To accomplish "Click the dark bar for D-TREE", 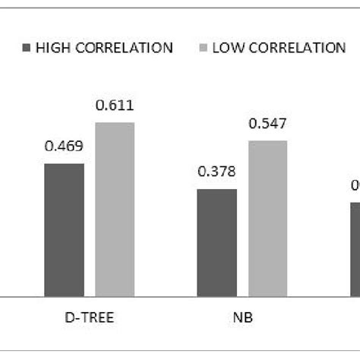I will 64,229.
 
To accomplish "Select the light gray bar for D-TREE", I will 115,209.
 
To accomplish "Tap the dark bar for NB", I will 216,242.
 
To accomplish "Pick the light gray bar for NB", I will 267,218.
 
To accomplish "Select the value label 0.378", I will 216,174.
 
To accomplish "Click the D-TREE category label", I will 90,317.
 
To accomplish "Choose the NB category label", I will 242,317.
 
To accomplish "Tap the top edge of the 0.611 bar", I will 115,122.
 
